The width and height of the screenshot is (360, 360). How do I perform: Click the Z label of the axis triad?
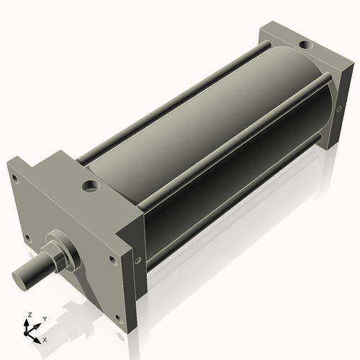(x=30, y=315)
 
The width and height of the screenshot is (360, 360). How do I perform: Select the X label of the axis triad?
(x=45, y=338)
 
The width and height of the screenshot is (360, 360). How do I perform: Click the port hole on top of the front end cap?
(x=92, y=189)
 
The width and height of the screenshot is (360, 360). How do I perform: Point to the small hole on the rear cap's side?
(x=338, y=109)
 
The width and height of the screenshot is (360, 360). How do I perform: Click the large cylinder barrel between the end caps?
(x=216, y=130)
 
